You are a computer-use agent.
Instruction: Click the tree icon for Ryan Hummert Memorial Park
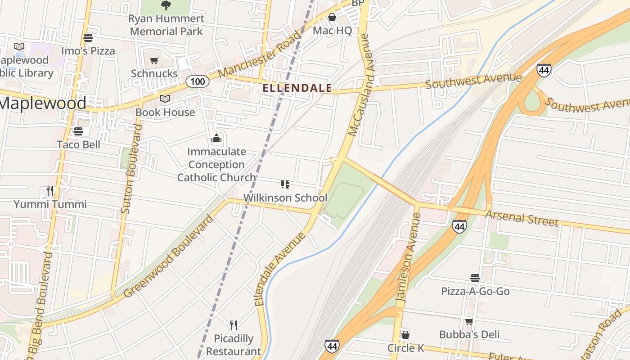pos(166,5)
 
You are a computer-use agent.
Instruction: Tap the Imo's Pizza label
pos(88,51)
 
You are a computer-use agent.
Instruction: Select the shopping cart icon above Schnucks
pos(154,60)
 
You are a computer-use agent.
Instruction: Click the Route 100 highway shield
pos(197,81)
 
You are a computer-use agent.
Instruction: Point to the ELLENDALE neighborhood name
pos(297,88)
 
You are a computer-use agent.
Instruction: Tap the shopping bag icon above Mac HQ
pos(332,18)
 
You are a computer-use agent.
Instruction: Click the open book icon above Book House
pos(165,99)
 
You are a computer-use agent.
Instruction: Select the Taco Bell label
pos(79,144)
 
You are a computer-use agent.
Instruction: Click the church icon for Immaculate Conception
pos(217,138)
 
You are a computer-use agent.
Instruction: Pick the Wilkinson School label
pos(285,198)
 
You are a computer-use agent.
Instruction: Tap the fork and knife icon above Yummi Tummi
pos(50,191)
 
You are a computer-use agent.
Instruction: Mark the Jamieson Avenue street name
pos(409,257)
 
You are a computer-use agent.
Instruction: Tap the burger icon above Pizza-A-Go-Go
pos(475,278)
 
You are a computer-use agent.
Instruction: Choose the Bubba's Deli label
pos(469,334)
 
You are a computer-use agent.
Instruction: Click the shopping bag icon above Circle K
pos(405,335)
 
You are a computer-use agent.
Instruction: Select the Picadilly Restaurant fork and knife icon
pos(234,325)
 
